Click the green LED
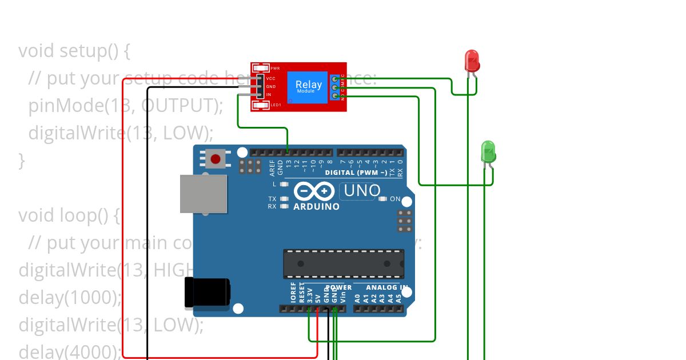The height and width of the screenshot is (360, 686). click(488, 151)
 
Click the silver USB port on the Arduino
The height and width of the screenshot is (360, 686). click(203, 194)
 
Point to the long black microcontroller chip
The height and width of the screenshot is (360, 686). click(343, 263)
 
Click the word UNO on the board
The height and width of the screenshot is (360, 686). click(362, 190)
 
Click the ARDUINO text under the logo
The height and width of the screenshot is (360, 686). click(316, 206)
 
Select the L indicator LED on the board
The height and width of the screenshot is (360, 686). click(284, 184)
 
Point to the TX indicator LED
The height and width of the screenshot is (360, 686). click(284, 199)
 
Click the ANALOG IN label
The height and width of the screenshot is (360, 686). click(387, 287)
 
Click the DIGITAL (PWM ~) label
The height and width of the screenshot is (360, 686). click(356, 172)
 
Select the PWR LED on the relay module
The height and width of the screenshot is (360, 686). click(261, 67)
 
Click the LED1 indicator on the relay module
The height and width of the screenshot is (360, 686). click(261, 105)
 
